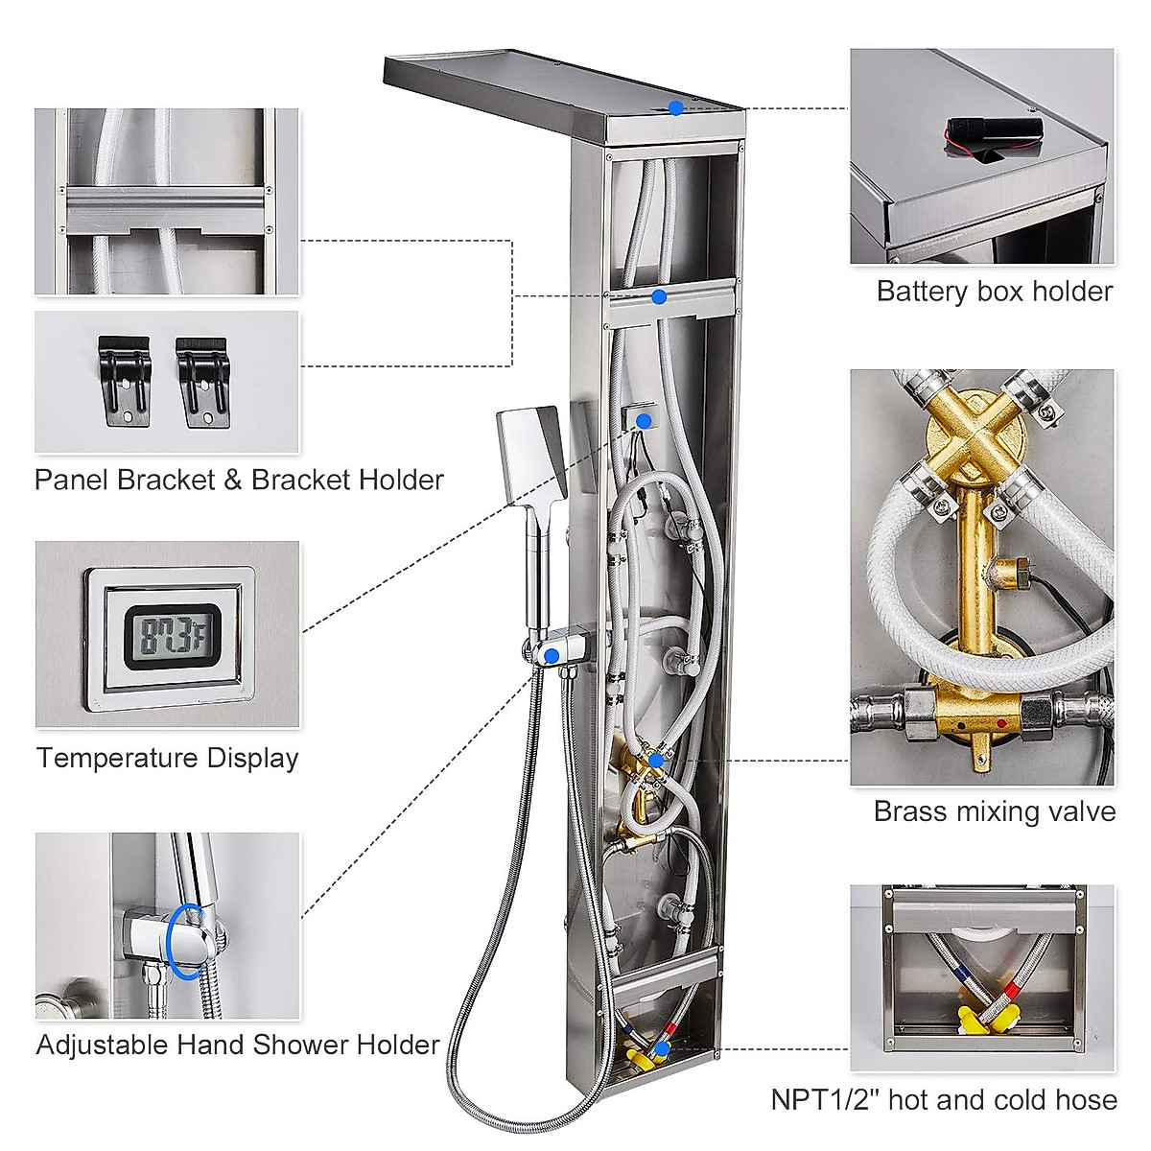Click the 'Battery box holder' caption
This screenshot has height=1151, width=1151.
click(994, 292)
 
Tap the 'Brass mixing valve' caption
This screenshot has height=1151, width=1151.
click(994, 811)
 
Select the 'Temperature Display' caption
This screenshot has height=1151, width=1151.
click(168, 758)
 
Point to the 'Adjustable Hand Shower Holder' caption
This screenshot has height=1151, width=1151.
click(238, 1045)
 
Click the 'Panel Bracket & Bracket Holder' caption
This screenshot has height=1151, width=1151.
click(239, 480)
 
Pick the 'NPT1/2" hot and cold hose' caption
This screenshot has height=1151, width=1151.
click(944, 1099)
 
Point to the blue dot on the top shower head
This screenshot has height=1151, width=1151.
click(676, 108)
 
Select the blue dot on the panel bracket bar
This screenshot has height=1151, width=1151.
click(659, 296)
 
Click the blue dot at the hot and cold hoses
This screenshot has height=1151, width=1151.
click(662, 1049)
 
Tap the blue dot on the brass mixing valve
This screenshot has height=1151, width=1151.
click(655, 760)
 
